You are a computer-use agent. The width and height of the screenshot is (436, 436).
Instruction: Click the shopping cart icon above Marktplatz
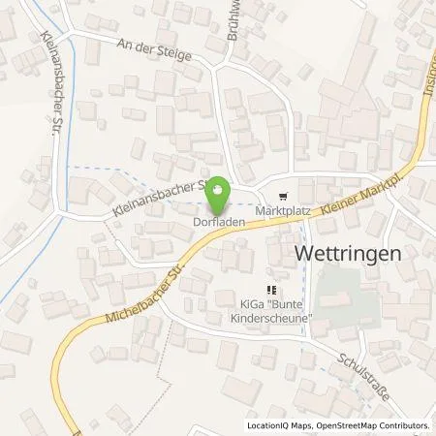[282, 193]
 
